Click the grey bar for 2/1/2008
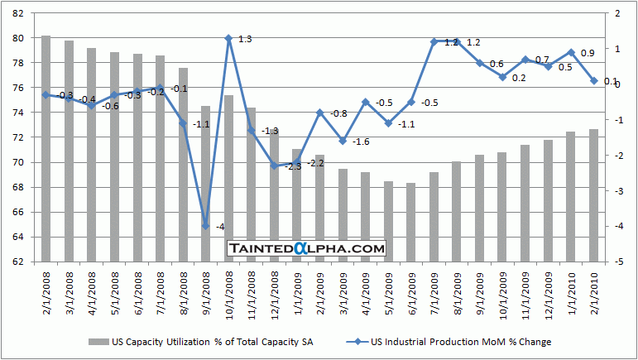coord(46,149)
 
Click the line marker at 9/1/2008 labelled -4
coord(205,225)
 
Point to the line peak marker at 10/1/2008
coord(228,38)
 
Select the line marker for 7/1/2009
coord(434,41)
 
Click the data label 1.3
coord(245,39)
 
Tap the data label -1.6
coord(361,142)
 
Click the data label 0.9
coord(587,53)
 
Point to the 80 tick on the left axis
coord(17,38)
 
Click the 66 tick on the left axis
coord(17,212)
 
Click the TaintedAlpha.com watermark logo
coord(306,247)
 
